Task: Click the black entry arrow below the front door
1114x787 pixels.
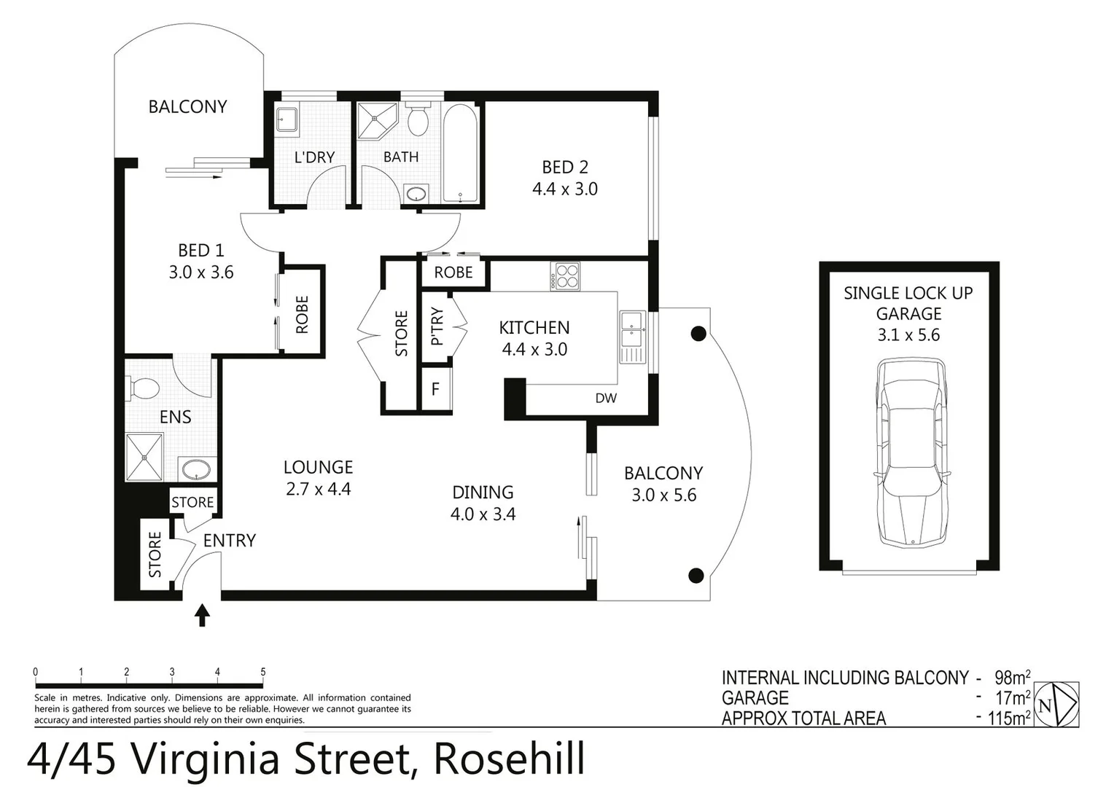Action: click(203, 616)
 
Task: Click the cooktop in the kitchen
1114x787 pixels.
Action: click(565, 276)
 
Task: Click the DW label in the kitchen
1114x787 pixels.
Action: click(606, 398)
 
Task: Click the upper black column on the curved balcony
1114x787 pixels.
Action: click(698, 334)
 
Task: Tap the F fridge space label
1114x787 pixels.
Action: click(435, 389)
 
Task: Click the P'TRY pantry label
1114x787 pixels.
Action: click(437, 326)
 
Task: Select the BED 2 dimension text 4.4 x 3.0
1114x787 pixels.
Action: click(565, 189)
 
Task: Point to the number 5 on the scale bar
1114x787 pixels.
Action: click(263, 672)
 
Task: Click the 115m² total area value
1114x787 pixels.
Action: click(1009, 719)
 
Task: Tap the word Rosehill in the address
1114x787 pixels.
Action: click(509, 759)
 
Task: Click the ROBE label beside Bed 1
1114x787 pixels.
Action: click(302, 314)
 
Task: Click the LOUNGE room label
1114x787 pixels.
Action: click(318, 467)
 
